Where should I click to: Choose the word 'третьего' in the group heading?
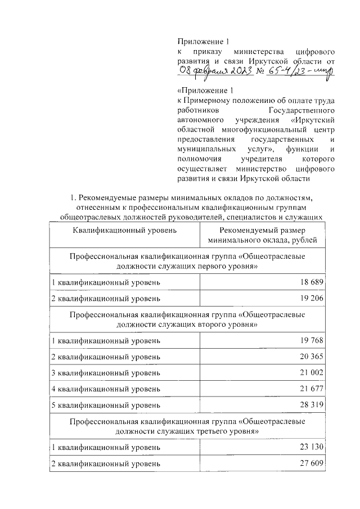pyautogui.click(x=202, y=431)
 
